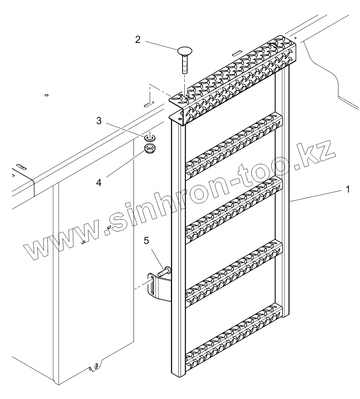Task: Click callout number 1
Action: coord(348,189)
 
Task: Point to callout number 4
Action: coord(99,182)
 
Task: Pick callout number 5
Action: coord(146,241)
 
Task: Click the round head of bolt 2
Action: coord(184,50)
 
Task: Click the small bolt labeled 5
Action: coord(164,271)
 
